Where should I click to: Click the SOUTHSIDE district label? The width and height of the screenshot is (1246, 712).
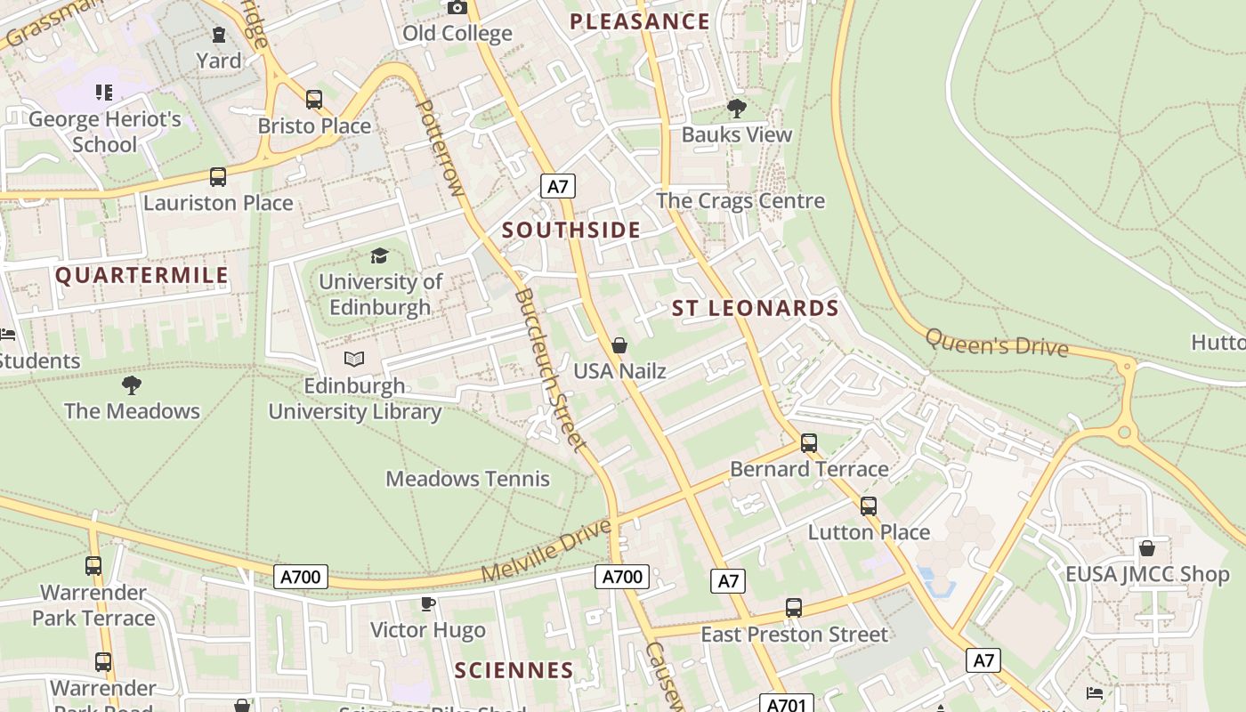(570, 231)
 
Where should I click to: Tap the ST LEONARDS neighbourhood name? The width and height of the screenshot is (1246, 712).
(755, 309)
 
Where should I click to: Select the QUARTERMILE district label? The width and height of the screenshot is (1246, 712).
(142, 276)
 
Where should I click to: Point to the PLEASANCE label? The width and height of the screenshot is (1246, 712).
(639, 22)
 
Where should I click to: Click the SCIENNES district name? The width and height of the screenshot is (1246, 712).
(514, 670)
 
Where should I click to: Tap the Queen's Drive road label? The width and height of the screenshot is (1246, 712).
(996, 343)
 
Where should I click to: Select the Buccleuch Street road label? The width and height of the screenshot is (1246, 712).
(551, 369)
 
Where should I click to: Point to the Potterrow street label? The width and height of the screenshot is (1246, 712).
(441, 147)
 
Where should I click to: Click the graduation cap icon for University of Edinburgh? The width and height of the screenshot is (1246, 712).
(380, 256)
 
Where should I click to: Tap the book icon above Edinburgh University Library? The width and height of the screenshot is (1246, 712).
(354, 360)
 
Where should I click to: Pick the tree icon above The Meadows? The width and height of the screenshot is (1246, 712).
(132, 385)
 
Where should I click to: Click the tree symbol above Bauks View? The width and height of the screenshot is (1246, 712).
(736, 109)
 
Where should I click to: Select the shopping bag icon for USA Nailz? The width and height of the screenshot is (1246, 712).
(619, 345)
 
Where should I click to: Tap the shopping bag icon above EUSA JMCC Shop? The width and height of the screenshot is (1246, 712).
(1147, 548)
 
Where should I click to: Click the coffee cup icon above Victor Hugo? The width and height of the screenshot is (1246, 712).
(428, 604)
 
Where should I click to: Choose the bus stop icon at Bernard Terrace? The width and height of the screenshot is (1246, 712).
(808, 442)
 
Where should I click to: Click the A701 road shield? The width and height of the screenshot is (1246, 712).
(786, 705)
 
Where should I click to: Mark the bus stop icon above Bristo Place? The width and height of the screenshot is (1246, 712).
(313, 100)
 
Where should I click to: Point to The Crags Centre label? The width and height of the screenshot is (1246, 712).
(740, 201)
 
